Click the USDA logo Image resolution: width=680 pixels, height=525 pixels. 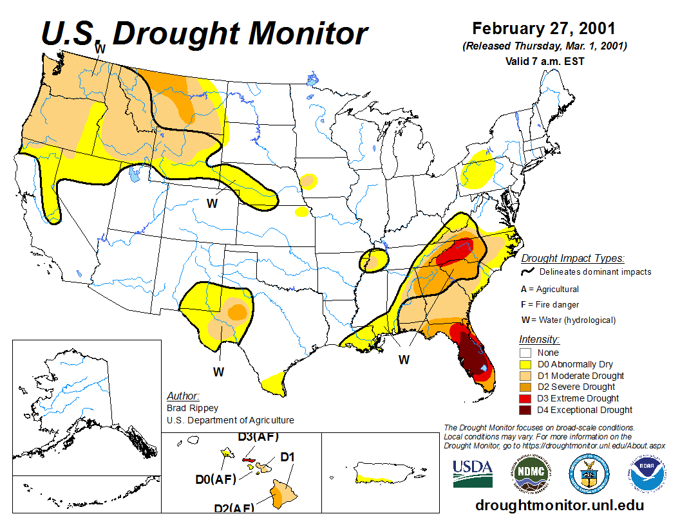473,474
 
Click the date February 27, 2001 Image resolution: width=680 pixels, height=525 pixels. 543,29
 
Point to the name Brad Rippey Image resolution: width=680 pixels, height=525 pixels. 193,408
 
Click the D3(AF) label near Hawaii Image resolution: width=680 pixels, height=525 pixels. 258,437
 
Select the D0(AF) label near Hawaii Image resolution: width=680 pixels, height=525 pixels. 216,479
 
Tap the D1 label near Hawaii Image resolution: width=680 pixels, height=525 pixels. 287,457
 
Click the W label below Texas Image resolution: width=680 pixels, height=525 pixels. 219,372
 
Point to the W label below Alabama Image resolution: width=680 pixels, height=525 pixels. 404,360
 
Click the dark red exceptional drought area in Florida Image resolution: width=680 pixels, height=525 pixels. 473,357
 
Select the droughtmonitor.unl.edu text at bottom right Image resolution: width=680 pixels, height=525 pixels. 559,505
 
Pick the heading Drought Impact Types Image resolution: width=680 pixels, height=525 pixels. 572,259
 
